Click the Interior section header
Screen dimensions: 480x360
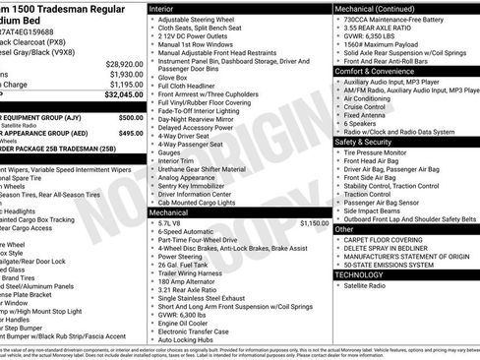pyautogui.click(x=163, y=7)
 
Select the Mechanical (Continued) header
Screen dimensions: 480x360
pyautogui.click(x=378, y=7)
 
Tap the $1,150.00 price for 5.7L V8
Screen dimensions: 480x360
pyautogui.click(x=309, y=223)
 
